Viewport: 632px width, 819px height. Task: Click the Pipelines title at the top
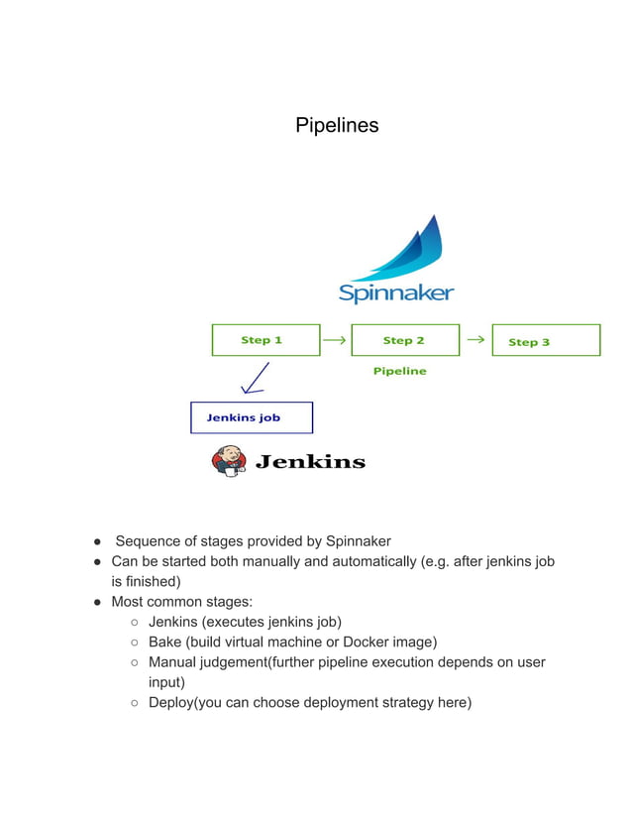(x=337, y=126)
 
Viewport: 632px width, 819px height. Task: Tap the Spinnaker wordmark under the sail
(x=396, y=292)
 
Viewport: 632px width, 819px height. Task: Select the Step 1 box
(x=265, y=340)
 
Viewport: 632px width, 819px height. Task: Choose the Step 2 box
(x=405, y=340)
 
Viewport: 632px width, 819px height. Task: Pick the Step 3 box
(x=546, y=340)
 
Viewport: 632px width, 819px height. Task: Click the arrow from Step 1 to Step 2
(x=335, y=340)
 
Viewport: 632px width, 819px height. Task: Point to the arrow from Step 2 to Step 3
(x=475, y=340)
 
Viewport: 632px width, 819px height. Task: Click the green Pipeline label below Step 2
(x=399, y=371)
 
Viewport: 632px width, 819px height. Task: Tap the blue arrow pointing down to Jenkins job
(x=255, y=378)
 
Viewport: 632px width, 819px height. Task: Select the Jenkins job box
(x=252, y=417)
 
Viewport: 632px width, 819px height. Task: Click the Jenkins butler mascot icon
(x=228, y=461)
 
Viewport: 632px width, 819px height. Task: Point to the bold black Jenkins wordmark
(x=311, y=462)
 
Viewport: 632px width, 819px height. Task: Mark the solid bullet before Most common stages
(x=99, y=602)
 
